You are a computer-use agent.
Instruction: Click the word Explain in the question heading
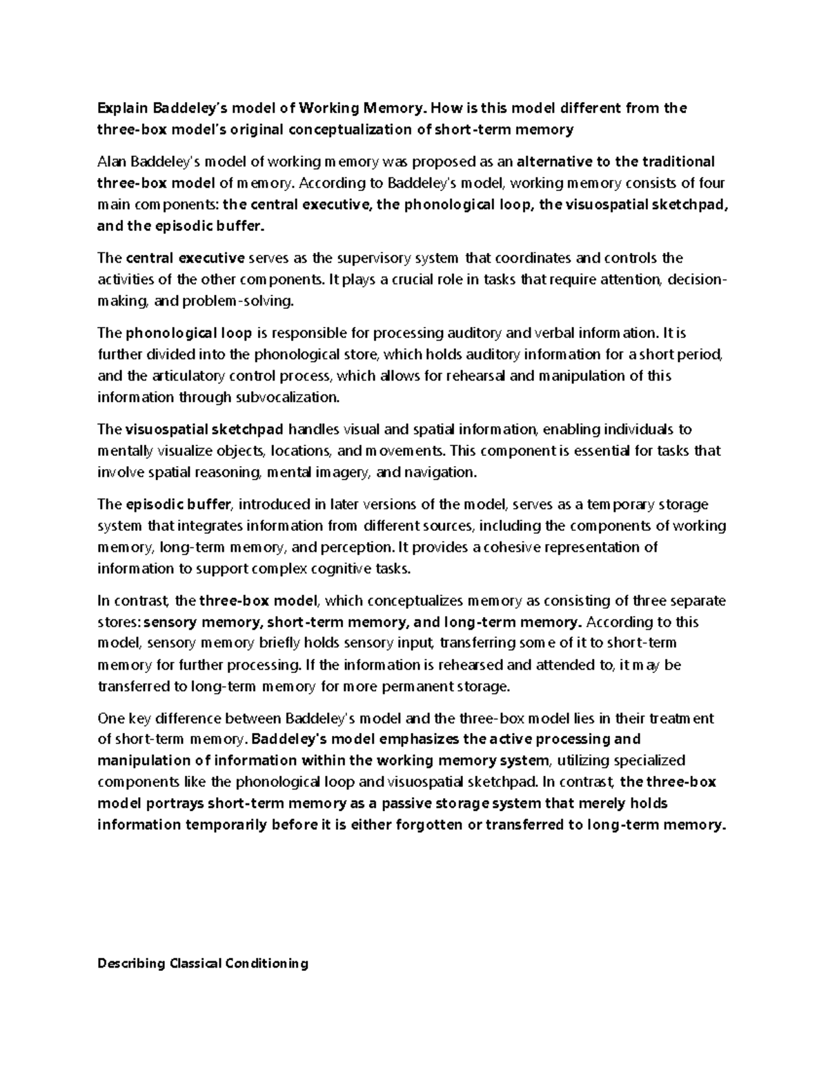point(121,108)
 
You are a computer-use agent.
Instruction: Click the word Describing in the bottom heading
point(131,963)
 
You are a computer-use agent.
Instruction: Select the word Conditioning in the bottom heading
point(266,963)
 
